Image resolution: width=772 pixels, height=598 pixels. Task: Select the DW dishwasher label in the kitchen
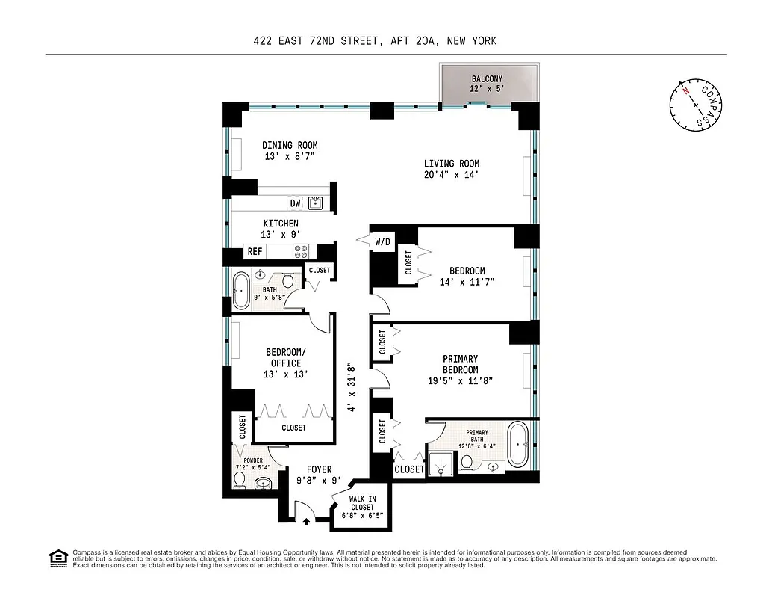click(295, 203)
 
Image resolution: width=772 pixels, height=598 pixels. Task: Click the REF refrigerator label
click(255, 252)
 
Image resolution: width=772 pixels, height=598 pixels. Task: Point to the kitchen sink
click(316, 203)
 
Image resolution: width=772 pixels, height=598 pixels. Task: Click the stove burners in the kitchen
click(300, 251)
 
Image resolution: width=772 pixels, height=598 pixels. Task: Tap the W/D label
click(382, 241)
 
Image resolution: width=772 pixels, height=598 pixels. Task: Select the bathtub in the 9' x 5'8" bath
click(241, 290)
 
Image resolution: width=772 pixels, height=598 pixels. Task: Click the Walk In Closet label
click(361, 507)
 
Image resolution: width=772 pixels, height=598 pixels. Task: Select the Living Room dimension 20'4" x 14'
click(451, 175)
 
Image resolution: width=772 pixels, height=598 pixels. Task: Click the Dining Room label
click(290, 145)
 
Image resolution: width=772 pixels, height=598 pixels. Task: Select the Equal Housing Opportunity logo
click(57, 558)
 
